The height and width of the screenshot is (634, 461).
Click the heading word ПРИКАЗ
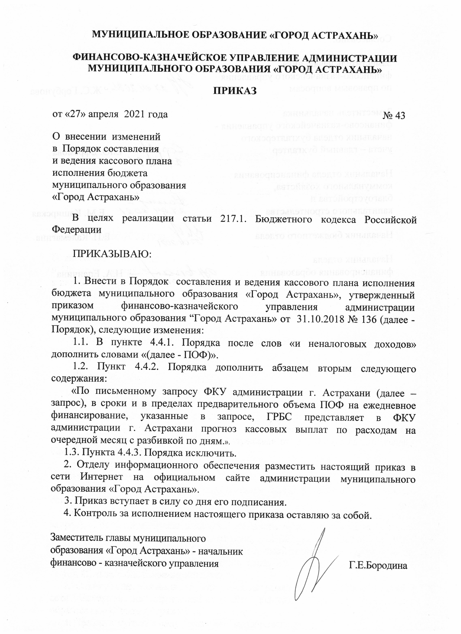tap(235, 91)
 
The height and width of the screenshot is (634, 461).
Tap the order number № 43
tap(394, 116)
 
